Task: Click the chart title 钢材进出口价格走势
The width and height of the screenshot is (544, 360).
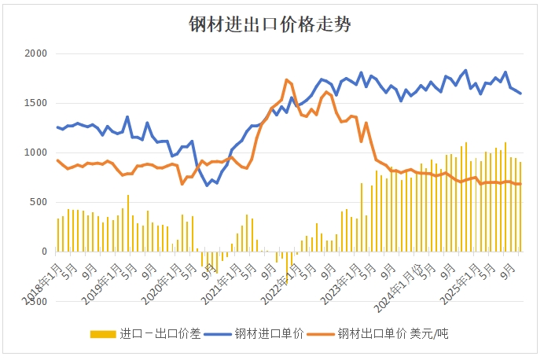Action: coord(270,24)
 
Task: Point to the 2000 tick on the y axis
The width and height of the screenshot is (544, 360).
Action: coord(36,53)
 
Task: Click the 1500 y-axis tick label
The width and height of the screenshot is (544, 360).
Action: coord(36,103)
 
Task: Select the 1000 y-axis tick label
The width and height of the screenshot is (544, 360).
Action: coord(36,152)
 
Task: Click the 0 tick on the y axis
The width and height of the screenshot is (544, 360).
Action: coord(44,252)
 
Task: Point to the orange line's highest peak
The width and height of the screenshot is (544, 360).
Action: coord(287,79)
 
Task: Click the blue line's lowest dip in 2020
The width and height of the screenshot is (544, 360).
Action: coord(208,185)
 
